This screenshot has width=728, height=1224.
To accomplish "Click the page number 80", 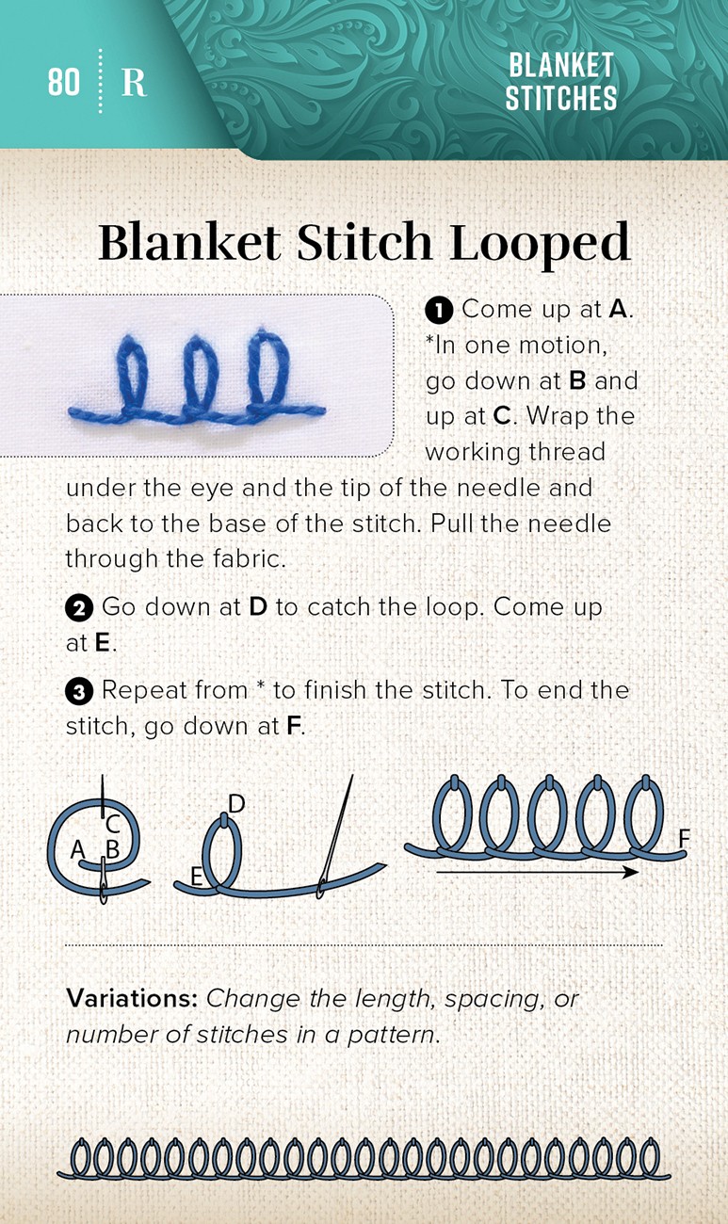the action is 64,82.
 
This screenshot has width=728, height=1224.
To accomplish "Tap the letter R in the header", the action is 134,83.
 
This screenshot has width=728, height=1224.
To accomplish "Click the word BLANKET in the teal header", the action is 561,65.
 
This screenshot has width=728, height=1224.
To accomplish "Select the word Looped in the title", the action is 540,243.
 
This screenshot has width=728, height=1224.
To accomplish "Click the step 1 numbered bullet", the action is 439,311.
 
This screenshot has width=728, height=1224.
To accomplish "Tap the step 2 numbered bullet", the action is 79,608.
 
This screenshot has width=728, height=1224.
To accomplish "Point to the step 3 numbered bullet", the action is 79,692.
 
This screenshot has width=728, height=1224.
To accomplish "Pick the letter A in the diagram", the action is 78,850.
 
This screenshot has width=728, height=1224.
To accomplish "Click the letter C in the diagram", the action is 113,823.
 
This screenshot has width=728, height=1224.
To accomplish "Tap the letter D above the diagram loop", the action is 236,804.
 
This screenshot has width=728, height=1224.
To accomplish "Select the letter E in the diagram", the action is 196,877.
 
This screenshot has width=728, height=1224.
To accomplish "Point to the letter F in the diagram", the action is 684,838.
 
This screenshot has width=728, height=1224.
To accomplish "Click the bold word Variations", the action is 132,999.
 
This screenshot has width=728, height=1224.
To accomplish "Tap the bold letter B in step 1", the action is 577,381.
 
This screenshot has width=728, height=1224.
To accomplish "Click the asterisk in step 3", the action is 261,685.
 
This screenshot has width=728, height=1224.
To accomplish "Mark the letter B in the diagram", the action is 113,849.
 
